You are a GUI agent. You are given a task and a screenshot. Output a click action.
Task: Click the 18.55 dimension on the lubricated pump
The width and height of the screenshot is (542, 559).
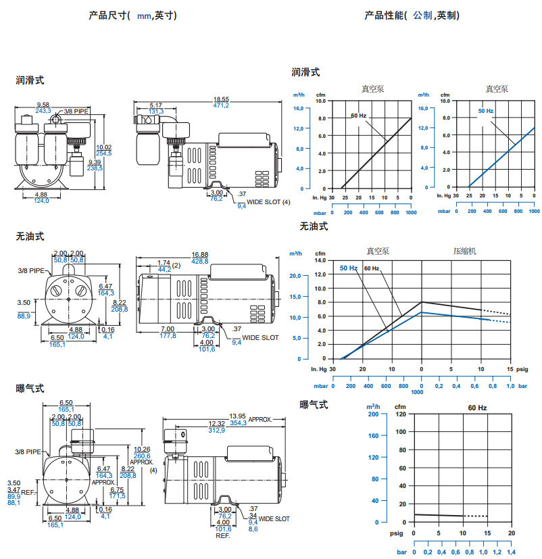click(222, 99)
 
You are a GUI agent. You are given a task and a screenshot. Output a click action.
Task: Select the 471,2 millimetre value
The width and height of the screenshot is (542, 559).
click(222, 105)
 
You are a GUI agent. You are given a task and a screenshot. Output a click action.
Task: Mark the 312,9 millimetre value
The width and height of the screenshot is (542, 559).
click(217, 430)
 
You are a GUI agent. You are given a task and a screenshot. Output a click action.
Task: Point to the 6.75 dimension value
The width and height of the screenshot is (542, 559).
click(118, 490)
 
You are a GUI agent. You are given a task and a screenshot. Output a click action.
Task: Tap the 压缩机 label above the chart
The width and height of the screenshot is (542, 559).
click(464, 251)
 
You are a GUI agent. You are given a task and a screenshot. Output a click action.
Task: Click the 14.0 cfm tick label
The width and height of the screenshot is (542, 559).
click(319, 260)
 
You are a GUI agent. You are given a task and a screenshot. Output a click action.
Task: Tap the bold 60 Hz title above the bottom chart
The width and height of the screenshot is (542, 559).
click(477, 408)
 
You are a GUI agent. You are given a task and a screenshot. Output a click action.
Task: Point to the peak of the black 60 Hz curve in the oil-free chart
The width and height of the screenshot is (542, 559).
click(422, 302)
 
